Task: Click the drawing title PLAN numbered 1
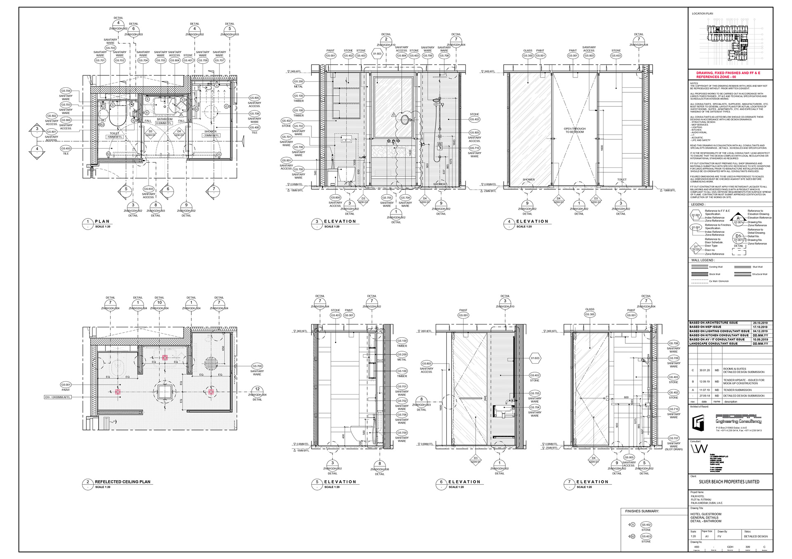click(x=102, y=221)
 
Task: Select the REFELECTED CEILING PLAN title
click(x=123, y=481)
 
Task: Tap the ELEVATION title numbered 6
click(x=464, y=481)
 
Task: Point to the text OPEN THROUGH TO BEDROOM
click(x=575, y=130)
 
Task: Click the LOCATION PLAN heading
click(x=702, y=14)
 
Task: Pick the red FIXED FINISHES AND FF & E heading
click(x=728, y=75)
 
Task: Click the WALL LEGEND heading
click(x=702, y=260)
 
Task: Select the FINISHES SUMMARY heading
click(x=642, y=511)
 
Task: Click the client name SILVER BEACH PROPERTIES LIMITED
click(x=729, y=481)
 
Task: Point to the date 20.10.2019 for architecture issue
click(x=760, y=323)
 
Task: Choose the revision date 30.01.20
click(x=704, y=370)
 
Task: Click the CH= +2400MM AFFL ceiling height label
click(x=58, y=397)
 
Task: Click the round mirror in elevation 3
click(x=405, y=120)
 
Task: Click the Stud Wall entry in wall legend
click(x=757, y=267)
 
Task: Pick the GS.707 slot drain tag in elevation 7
click(x=674, y=438)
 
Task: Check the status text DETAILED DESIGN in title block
click(x=756, y=536)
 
